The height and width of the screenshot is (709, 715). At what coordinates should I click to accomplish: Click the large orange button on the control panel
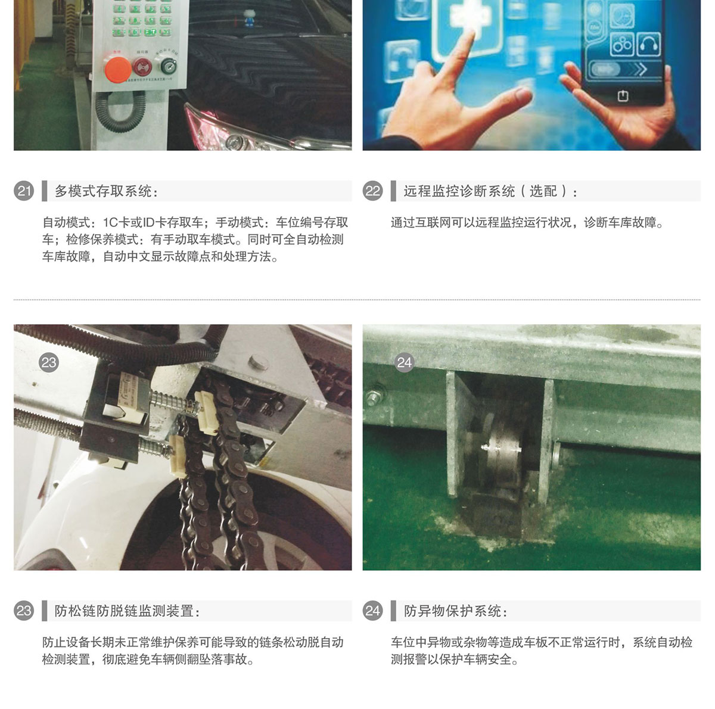tap(117, 69)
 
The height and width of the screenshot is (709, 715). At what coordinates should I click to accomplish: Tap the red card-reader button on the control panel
tap(142, 67)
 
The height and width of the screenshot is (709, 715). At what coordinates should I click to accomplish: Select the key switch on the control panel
tap(167, 66)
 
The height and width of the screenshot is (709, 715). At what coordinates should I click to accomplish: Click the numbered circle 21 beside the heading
tap(24, 191)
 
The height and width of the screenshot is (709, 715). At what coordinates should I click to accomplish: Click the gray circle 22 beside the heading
tap(372, 191)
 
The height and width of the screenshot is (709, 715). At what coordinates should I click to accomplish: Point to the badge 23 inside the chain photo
tap(49, 362)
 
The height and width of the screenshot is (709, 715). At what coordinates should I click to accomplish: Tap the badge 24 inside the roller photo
tap(404, 362)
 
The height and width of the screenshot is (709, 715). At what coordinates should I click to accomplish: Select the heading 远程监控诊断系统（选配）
tap(490, 191)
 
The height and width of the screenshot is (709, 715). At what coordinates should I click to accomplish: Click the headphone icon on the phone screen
tap(649, 44)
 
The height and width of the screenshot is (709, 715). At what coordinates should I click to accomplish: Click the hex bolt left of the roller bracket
tap(372, 397)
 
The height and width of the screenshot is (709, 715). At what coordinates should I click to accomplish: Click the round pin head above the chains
tap(259, 362)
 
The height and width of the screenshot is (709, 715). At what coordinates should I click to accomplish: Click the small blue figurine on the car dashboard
tap(249, 17)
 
